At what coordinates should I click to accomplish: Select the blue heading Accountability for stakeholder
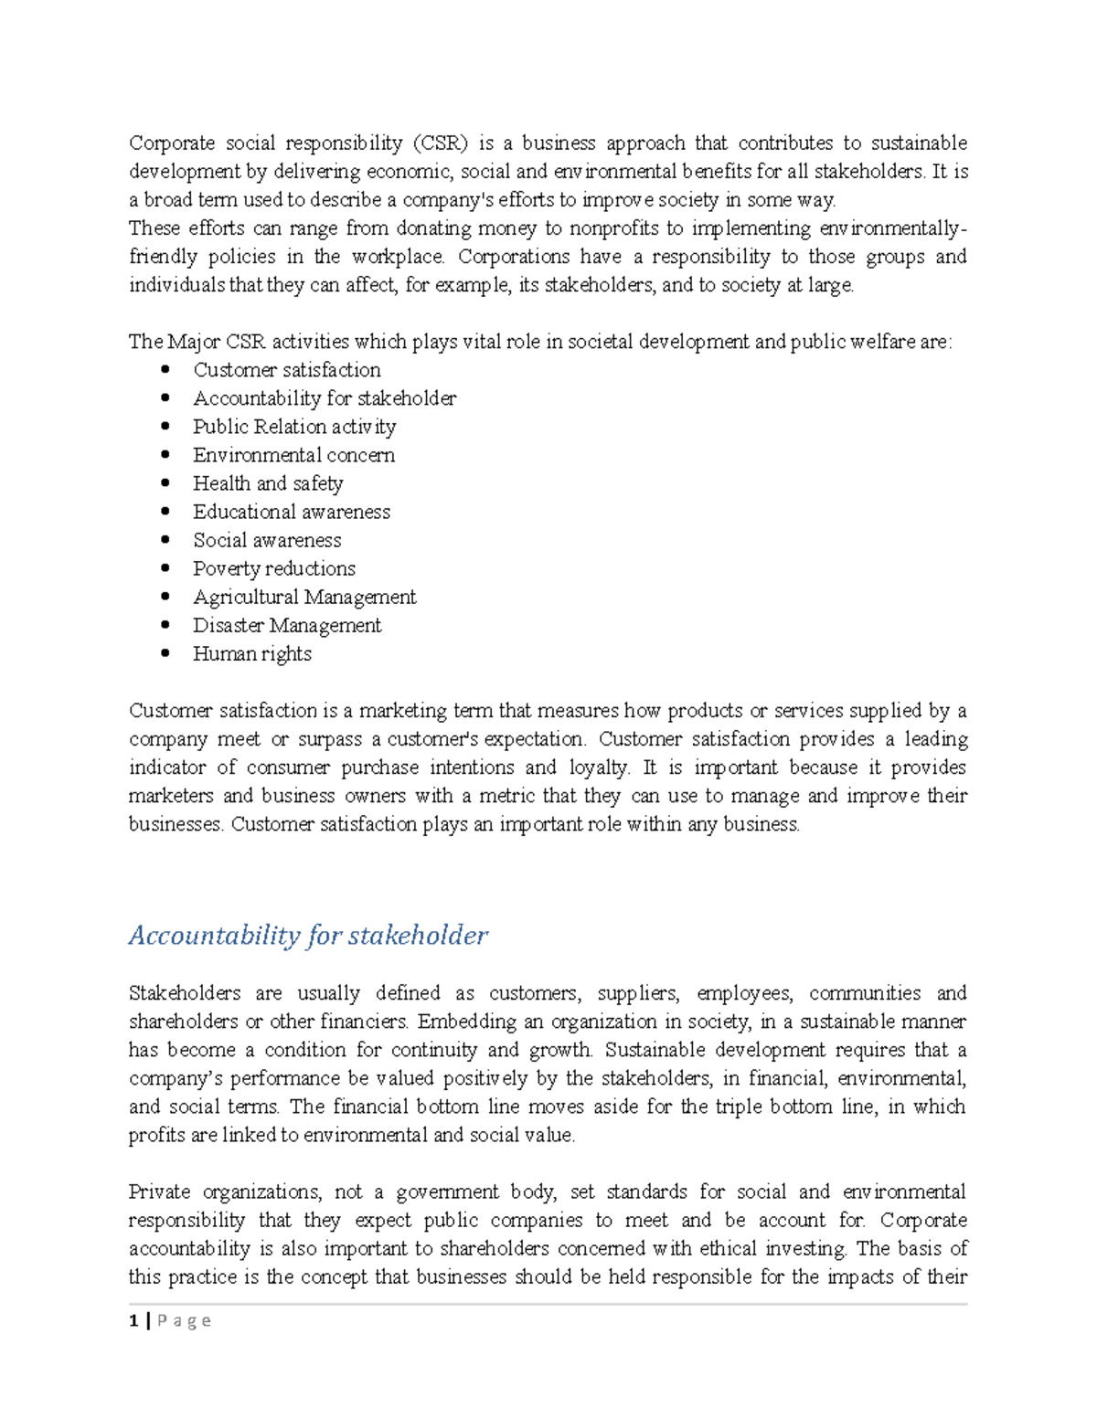(x=308, y=936)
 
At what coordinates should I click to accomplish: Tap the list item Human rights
(x=251, y=654)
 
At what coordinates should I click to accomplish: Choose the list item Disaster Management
(x=287, y=626)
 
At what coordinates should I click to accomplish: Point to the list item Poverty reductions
(x=273, y=569)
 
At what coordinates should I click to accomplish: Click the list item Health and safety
(x=268, y=483)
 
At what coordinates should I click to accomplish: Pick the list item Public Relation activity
(x=294, y=427)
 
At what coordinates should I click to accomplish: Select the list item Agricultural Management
(x=304, y=598)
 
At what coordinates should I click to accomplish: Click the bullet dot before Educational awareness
(x=165, y=512)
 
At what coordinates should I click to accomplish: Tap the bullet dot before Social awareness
(x=165, y=540)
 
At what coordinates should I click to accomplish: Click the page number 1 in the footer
(x=134, y=1320)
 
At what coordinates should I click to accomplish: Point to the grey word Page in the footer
(x=185, y=1320)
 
